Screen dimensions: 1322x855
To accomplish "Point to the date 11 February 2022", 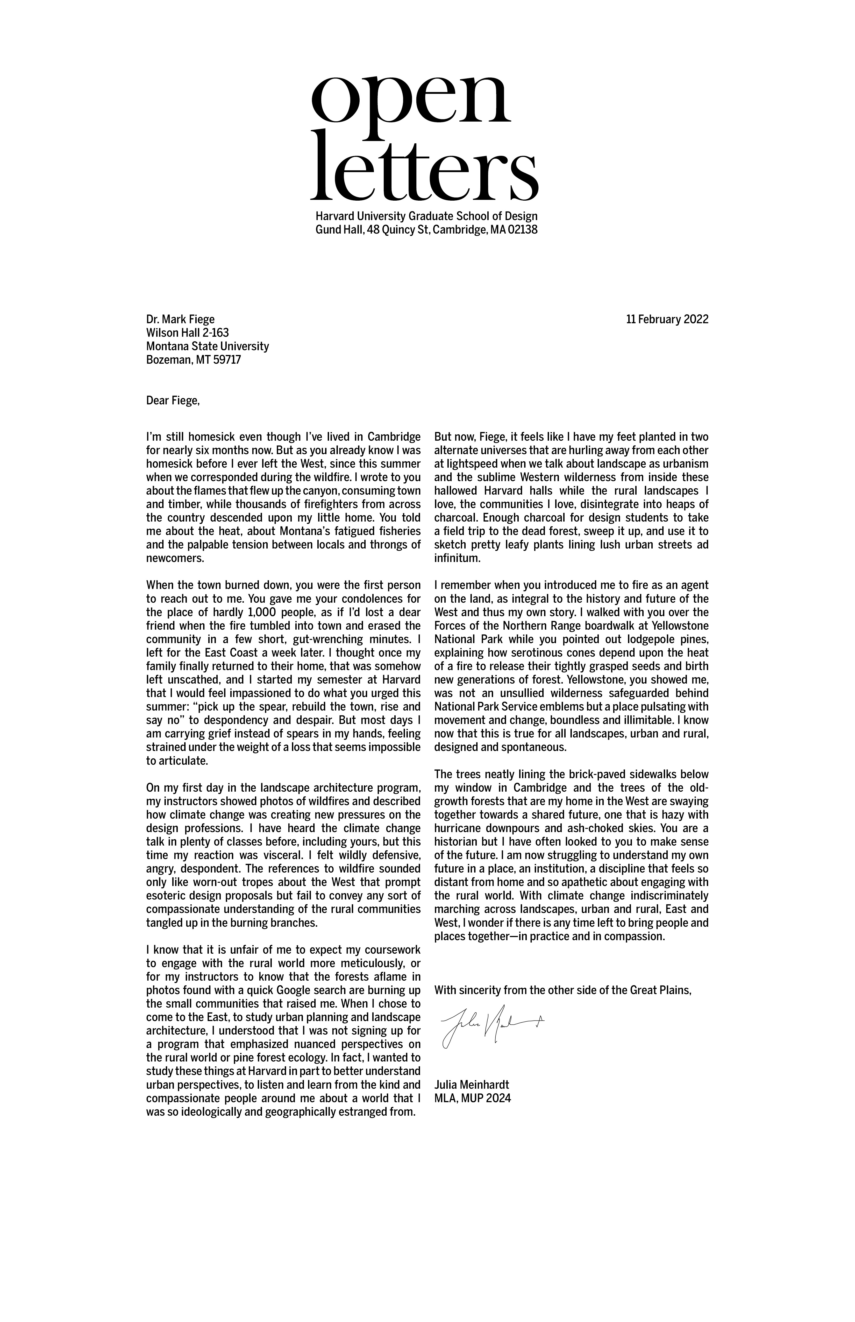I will point(667,319).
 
